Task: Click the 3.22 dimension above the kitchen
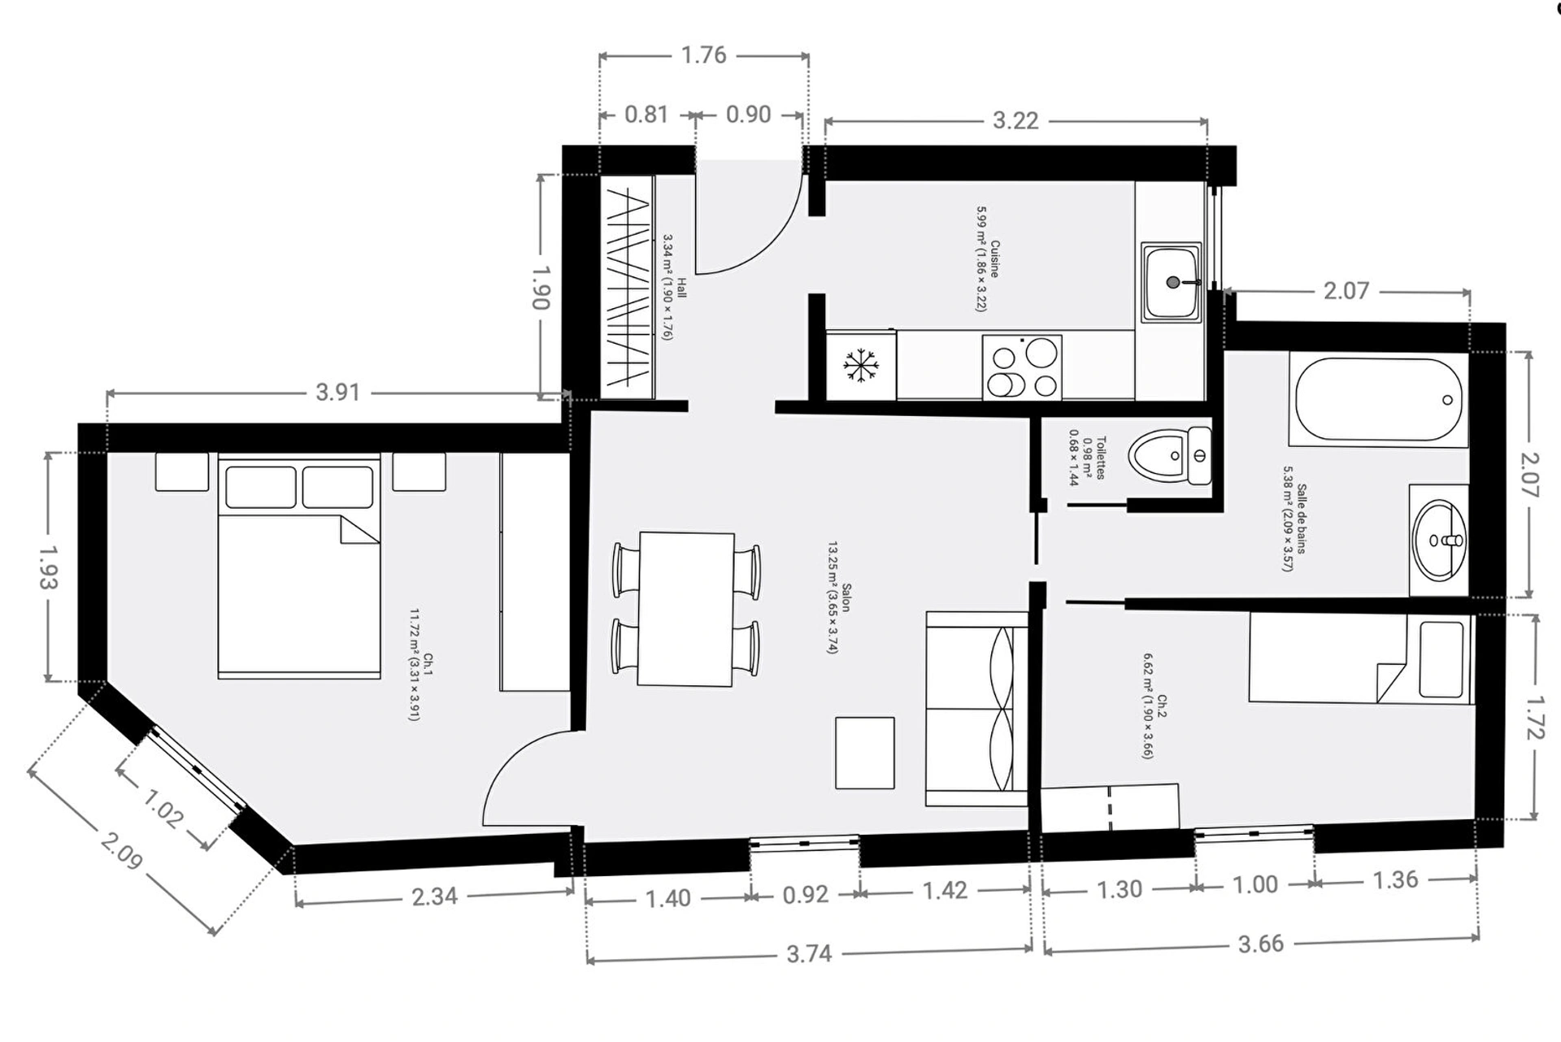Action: [x=1015, y=121]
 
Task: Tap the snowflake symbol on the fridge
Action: [x=861, y=365]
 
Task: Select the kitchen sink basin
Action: [x=1172, y=281]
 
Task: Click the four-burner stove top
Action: [x=1022, y=367]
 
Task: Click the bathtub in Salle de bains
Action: [x=1378, y=399]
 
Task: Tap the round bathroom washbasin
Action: [x=1439, y=541]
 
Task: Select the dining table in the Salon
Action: [x=686, y=609]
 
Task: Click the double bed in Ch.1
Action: [x=299, y=567]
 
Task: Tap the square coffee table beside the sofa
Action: [x=865, y=753]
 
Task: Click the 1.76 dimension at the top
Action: [x=703, y=55]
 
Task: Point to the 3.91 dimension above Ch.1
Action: [x=337, y=393]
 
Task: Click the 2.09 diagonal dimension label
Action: [x=122, y=849]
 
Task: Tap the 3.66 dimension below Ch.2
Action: [x=1261, y=944]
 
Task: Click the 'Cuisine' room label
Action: [x=994, y=258]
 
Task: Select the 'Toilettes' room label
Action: [x=1101, y=458]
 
